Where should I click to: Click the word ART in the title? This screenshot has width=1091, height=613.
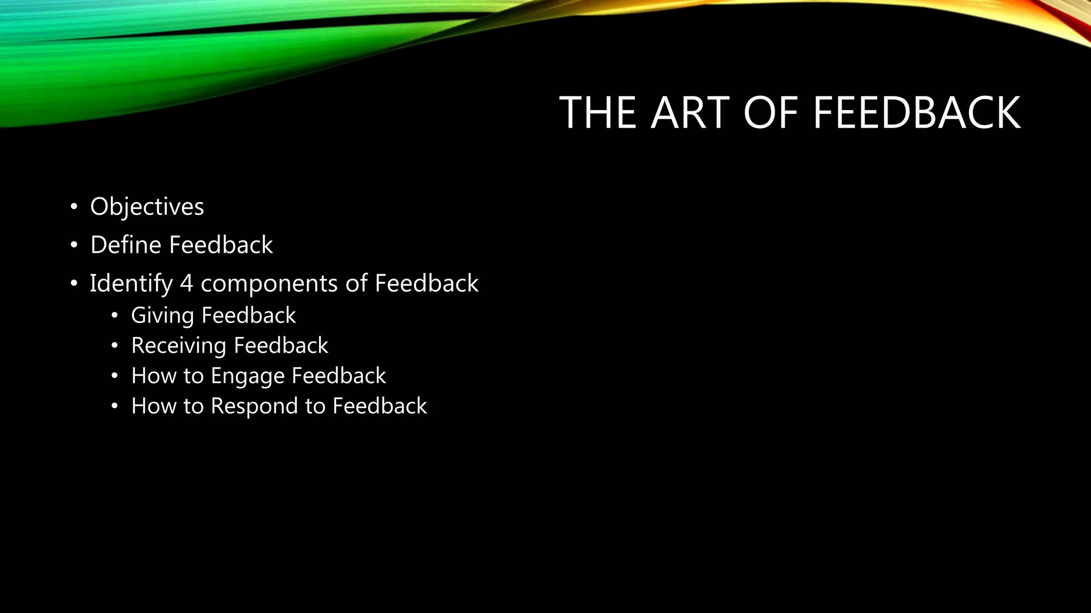click(x=690, y=113)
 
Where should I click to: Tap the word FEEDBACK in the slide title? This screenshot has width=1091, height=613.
click(x=916, y=113)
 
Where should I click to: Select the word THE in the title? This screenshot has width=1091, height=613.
click(x=598, y=113)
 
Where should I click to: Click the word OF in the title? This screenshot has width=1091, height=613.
click(x=771, y=113)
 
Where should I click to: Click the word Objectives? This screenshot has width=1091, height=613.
click(x=147, y=207)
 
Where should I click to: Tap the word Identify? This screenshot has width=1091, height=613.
click(x=131, y=284)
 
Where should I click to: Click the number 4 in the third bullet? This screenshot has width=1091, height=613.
click(x=186, y=284)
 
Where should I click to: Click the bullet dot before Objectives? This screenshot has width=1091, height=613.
click(x=74, y=207)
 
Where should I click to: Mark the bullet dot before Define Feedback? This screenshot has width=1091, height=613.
click(x=74, y=245)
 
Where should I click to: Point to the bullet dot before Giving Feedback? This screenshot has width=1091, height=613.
click(x=114, y=316)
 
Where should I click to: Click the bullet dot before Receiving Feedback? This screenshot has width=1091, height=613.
click(x=114, y=346)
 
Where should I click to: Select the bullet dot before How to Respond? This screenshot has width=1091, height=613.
click(x=114, y=406)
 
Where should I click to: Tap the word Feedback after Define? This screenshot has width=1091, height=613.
click(x=221, y=245)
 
